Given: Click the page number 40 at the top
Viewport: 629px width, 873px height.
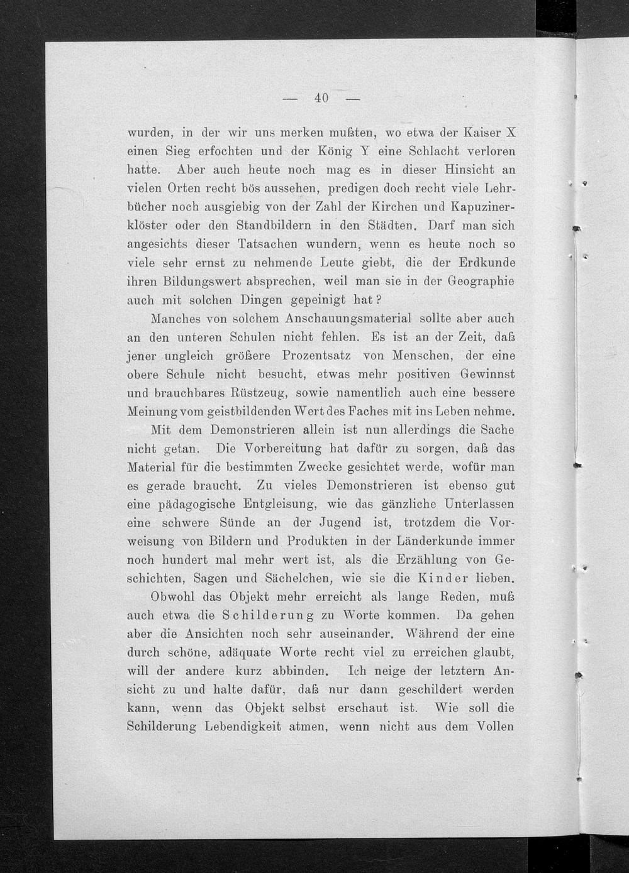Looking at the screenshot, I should click(321, 97).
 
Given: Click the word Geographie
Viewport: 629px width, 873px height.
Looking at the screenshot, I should click(476, 281).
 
